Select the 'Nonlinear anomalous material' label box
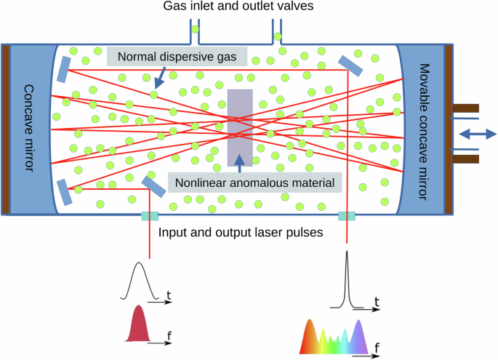tap(254, 182)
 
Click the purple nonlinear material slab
tap(240, 127)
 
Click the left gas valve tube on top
tap(195, 29)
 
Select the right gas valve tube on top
tap(276, 29)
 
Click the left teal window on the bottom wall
tap(150, 216)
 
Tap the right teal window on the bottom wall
tap(347, 216)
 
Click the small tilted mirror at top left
tap(65, 69)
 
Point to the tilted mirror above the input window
tap(153, 186)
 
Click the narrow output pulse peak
tap(347, 276)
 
